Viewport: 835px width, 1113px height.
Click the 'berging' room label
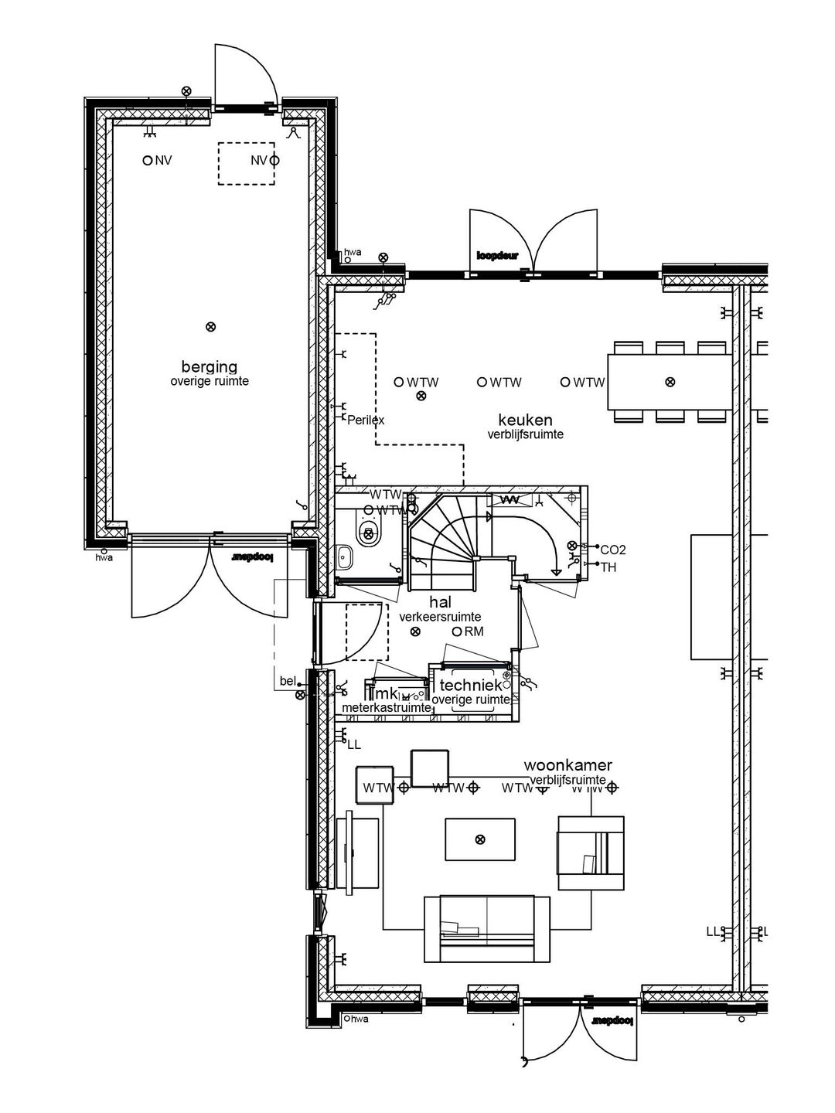(209, 366)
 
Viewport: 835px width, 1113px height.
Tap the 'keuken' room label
(525, 420)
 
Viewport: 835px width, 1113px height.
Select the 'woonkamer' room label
(568, 765)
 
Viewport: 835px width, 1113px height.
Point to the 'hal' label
(441, 602)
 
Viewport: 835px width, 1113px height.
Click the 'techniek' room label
(471, 685)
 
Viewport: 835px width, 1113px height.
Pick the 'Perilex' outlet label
(366, 420)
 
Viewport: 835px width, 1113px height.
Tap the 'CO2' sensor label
(613, 550)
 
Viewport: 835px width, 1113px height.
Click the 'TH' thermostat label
(608, 567)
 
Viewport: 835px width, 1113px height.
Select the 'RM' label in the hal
(474, 631)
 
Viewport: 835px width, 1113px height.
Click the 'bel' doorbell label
(288, 681)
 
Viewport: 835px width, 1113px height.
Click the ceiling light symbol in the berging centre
(210, 327)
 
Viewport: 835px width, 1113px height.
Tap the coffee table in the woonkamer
(479, 839)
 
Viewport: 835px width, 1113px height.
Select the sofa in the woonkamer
(487, 928)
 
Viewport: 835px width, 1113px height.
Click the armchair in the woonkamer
(590, 853)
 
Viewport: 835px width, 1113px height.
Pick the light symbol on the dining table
(670, 381)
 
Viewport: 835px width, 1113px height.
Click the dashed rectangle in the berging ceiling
(246, 164)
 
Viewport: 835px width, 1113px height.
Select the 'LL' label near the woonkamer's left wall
(354, 745)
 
